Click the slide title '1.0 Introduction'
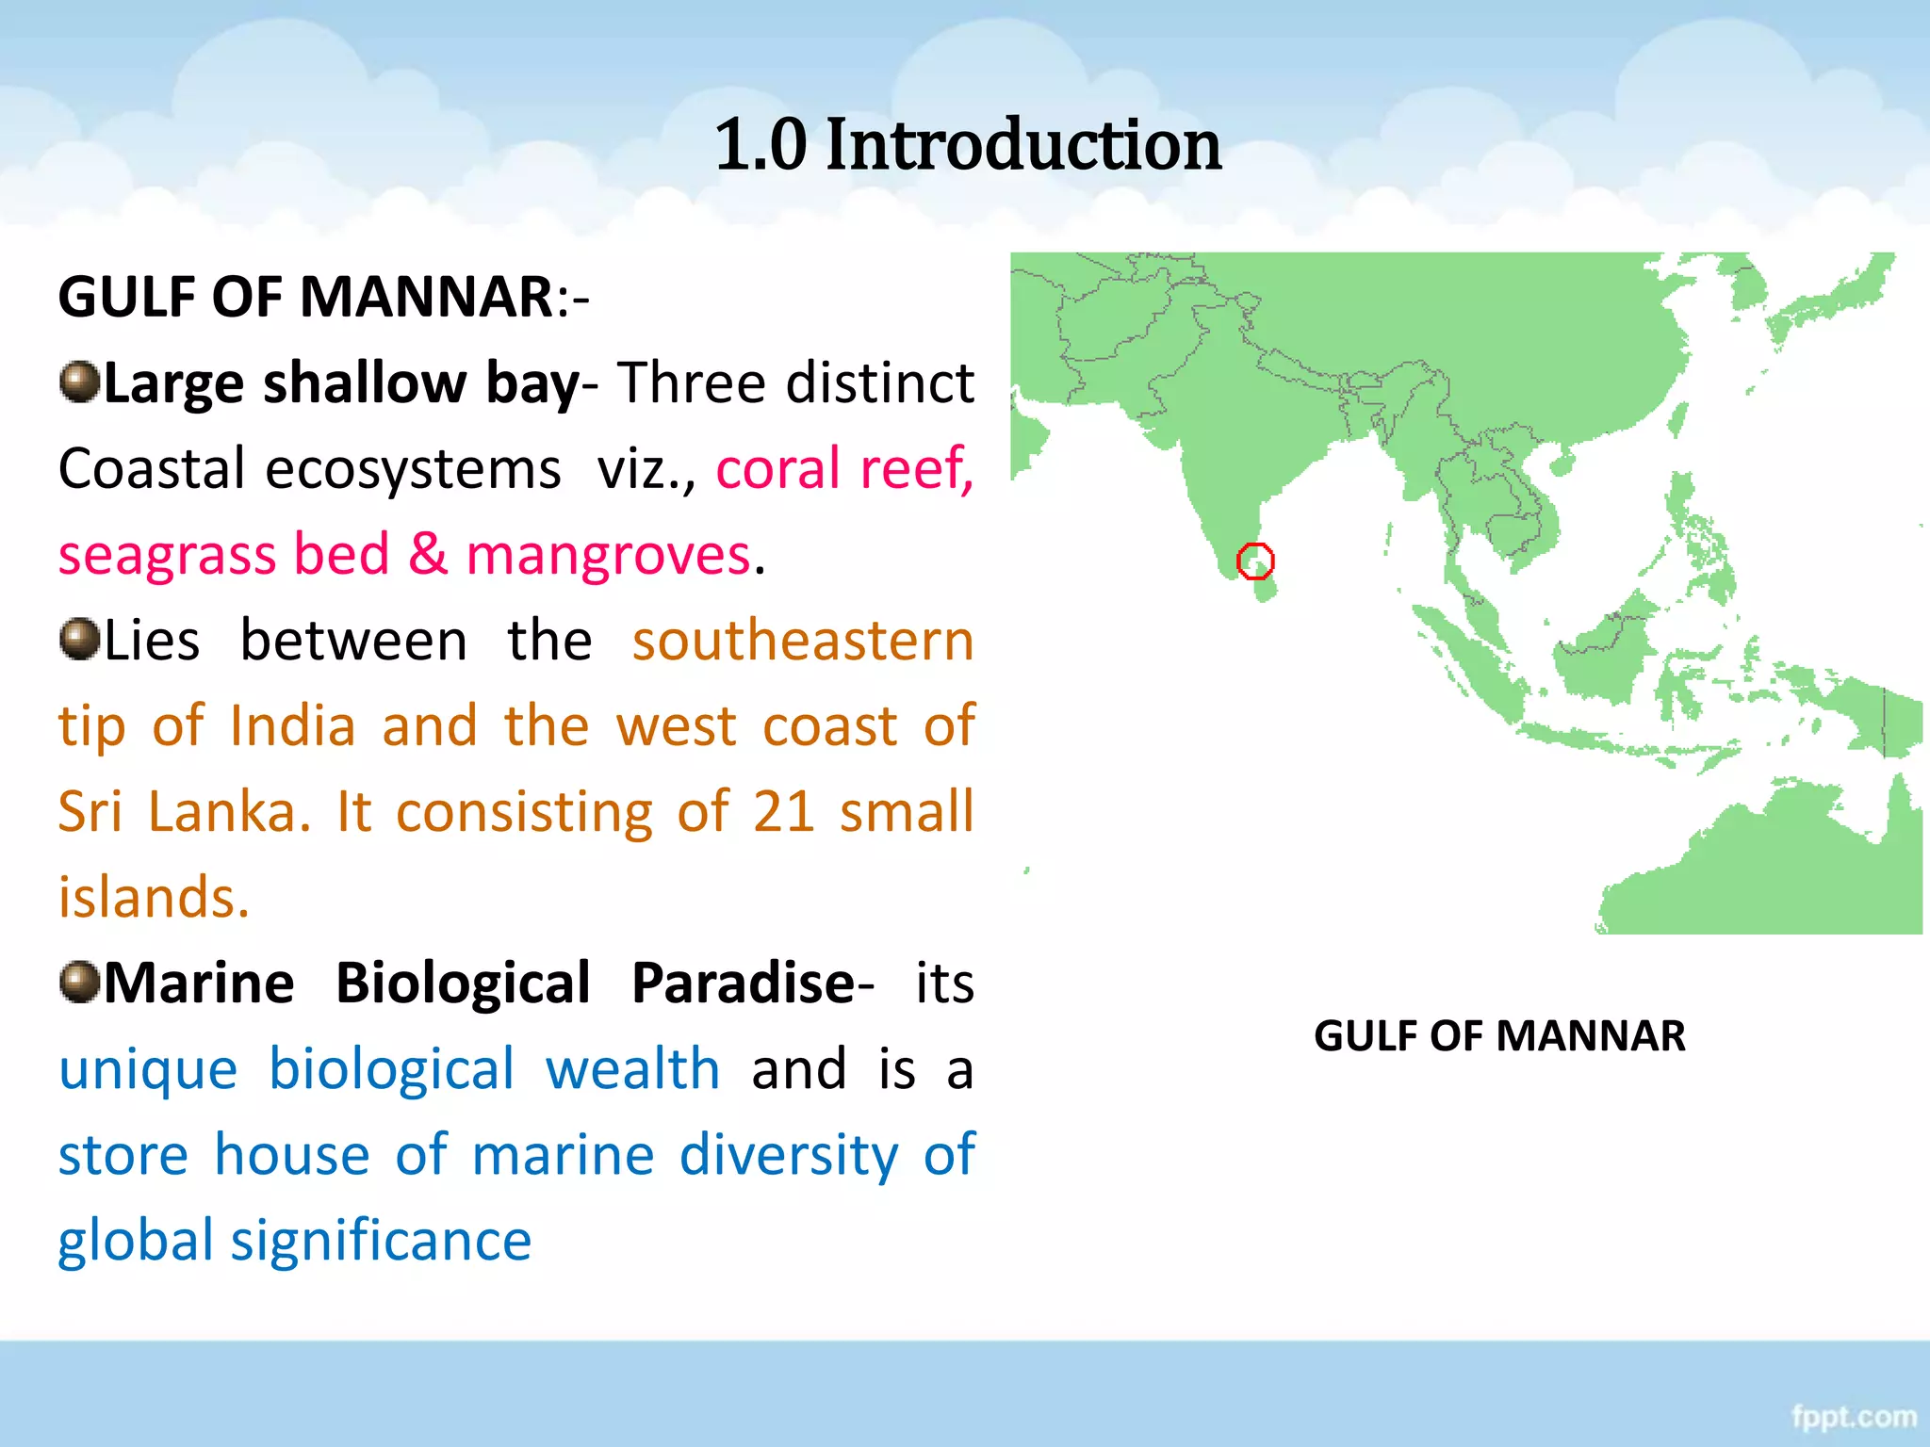[x=968, y=145]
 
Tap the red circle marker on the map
[x=1255, y=561]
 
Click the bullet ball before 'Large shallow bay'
[x=79, y=382]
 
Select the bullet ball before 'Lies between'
[x=79, y=640]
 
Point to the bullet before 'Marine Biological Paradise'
[x=79, y=983]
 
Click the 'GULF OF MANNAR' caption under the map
[x=1499, y=1036]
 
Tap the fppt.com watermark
[x=1854, y=1417]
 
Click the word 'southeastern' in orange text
[x=803, y=641]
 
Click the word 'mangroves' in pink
[x=609, y=554]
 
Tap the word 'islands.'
[x=154, y=897]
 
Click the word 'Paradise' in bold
[x=743, y=984]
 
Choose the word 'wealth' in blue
[x=633, y=1069]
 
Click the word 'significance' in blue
[x=382, y=1242]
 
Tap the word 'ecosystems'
[x=413, y=469]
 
